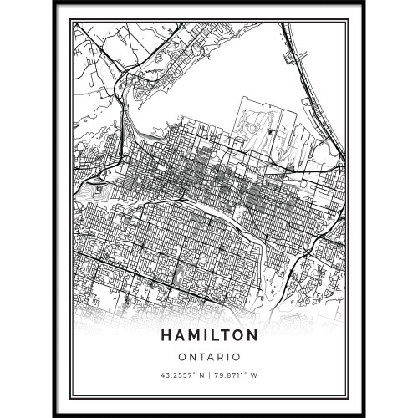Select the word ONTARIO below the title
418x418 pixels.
pyautogui.click(x=209, y=355)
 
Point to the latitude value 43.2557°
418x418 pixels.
pyautogui.click(x=176, y=372)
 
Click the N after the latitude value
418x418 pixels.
pyautogui.click(x=199, y=372)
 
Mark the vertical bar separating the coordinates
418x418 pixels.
pyautogui.click(x=209, y=372)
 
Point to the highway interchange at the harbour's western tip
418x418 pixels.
pyautogui.click(x=125, y=79)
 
